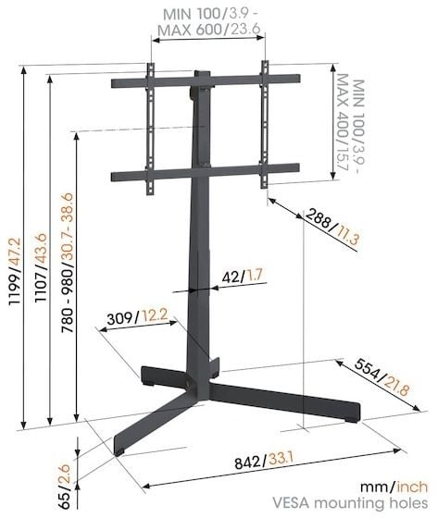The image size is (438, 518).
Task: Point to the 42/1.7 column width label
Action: coord(243,275)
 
